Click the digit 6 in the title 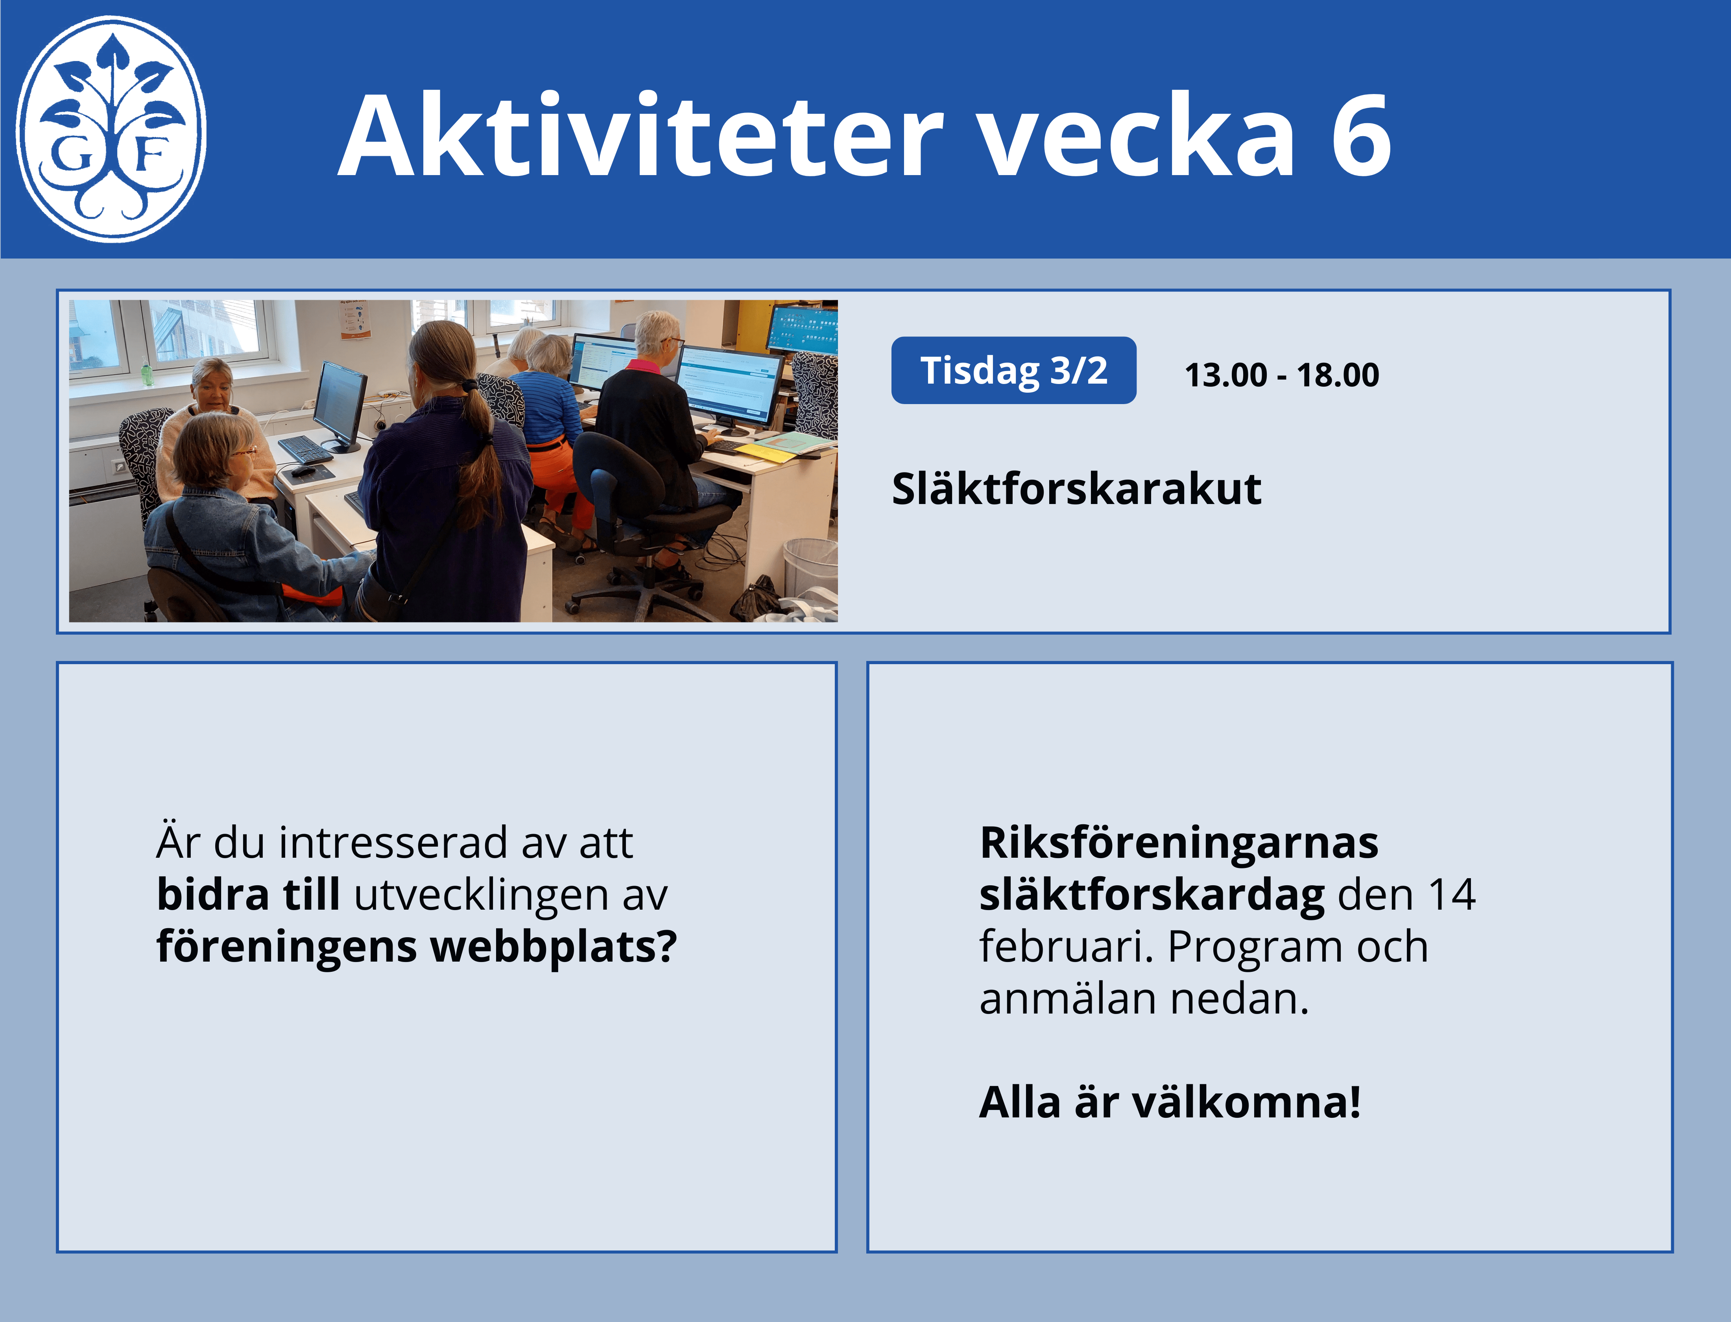tap(1361, 135)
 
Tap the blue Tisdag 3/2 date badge tap(1013, 370)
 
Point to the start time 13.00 tap(1226, 375)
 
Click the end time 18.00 tap(1338, 375)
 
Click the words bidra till tap(249, 895)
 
